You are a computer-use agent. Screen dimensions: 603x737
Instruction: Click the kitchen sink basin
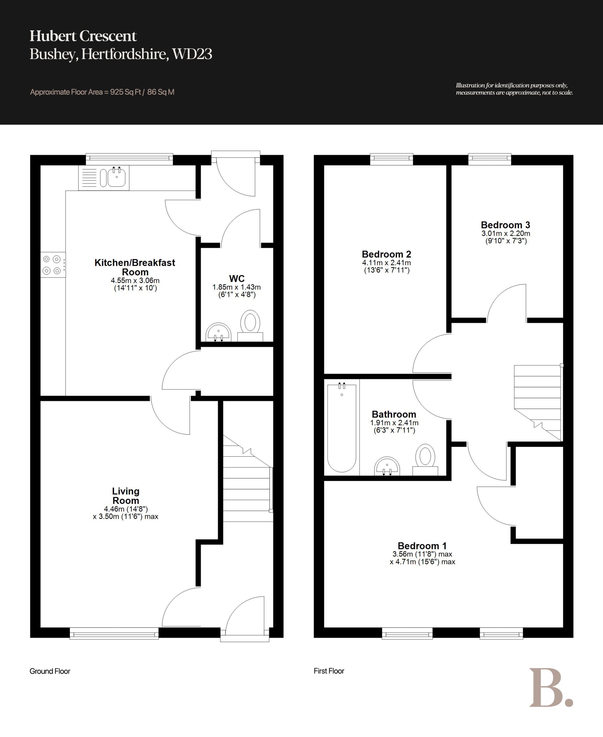117,177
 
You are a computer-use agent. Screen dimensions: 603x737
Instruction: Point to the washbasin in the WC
218,332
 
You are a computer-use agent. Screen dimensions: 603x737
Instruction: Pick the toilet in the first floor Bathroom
425,459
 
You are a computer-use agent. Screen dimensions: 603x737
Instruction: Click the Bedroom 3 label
505,225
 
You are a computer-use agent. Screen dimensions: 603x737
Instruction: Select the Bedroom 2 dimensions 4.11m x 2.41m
387,263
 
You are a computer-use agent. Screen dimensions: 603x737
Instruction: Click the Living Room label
126,496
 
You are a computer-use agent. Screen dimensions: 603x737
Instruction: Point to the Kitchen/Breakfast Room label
135,267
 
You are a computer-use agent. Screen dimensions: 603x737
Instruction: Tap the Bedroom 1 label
422,546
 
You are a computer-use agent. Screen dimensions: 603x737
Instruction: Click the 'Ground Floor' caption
50,671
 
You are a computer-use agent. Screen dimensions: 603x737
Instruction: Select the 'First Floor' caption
329,671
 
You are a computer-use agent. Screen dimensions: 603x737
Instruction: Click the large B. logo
551,688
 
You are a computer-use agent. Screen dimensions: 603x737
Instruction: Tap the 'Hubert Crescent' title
83,36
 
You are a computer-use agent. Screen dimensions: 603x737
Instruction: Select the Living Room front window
114,633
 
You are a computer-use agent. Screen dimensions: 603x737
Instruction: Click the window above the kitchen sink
129,159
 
